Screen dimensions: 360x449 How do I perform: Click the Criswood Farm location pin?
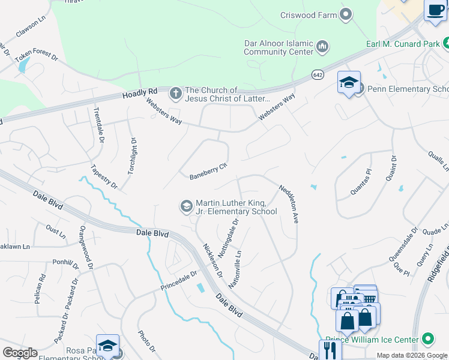point(346,14)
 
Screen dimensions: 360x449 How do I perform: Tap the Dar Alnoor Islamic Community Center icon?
point(322,46)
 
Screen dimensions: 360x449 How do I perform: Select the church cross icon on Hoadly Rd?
point(175,93)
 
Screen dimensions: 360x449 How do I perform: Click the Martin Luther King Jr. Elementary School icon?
point(186,206)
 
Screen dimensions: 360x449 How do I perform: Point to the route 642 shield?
point(318,74)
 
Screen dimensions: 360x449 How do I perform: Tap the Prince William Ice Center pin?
point(427,339)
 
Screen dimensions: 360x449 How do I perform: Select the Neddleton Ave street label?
point(289,204)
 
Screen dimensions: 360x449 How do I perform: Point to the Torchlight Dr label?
point(132,156)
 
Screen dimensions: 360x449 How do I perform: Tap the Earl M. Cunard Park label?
point(403,44)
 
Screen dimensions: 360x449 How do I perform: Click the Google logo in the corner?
point(20,353)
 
